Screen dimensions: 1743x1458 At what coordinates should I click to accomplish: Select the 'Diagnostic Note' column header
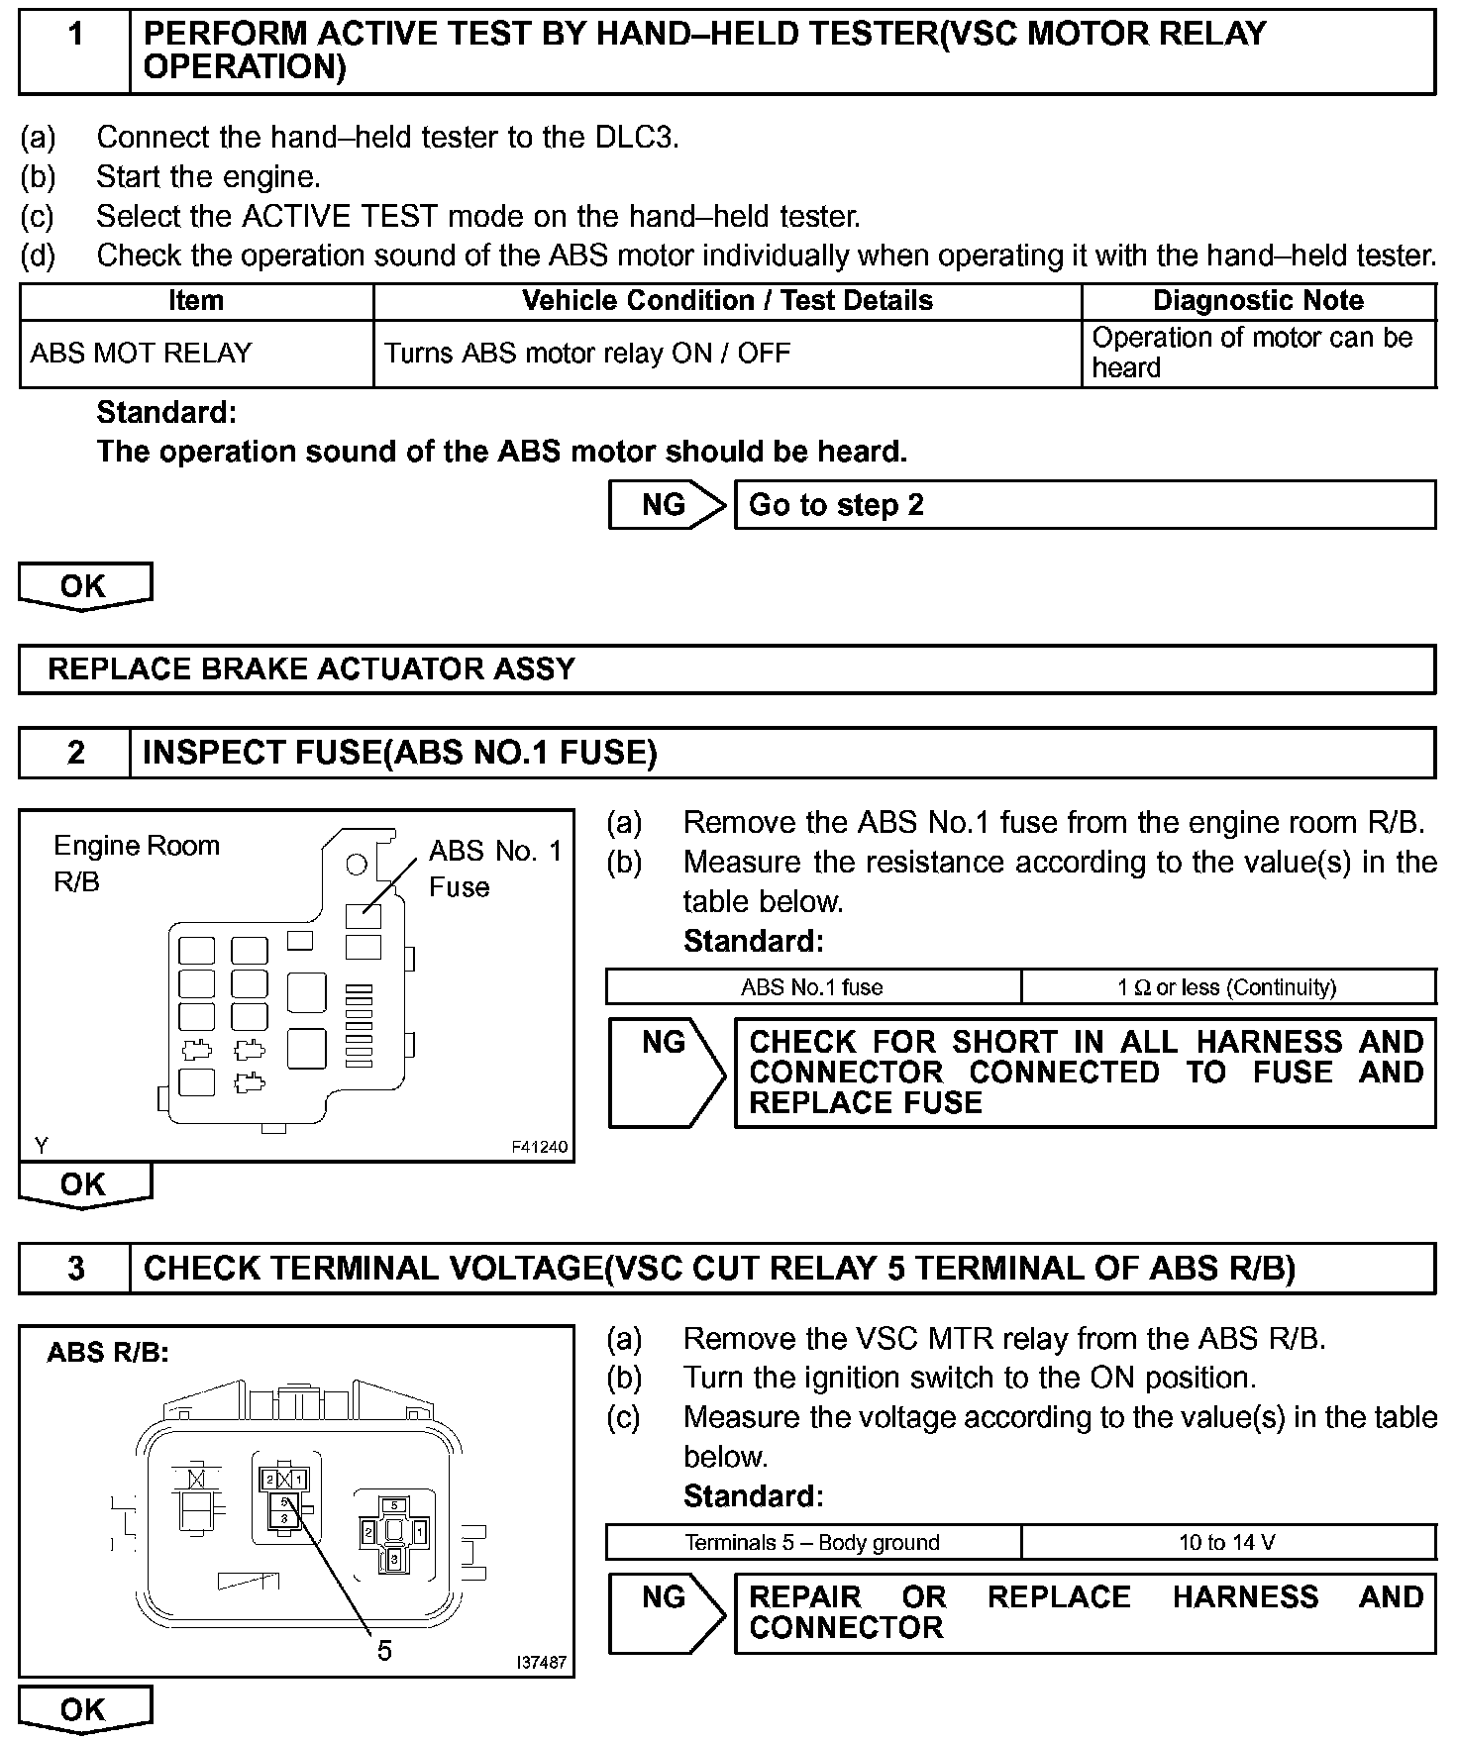(x=1258, y=301)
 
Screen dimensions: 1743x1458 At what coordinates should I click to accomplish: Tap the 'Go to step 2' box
(x=1085, y=505)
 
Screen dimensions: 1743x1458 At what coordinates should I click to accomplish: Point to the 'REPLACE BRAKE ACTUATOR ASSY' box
(x=727, y=669)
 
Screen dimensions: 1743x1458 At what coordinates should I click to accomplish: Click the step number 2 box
(x=75, y=754)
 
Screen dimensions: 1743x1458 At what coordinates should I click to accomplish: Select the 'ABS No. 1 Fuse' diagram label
(x=495, y=869)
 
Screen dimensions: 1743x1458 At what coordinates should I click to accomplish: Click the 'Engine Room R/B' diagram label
(x=136, y=864)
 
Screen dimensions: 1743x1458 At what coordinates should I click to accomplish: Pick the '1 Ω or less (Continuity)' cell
(x=1227, y=987)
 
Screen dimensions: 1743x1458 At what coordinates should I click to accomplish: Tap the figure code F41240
(x=540, y=1147)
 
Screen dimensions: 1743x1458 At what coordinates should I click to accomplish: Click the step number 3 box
(x=75, y=1269)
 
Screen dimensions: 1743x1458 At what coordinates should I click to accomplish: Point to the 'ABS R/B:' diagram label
(x=108, y=1353)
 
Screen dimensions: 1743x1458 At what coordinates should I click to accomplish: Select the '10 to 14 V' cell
(x=1227, y=1542)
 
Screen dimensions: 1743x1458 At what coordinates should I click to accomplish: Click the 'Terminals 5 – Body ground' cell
(x=812, y=1542)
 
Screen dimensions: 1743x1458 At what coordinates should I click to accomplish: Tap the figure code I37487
(x=541, y=1663)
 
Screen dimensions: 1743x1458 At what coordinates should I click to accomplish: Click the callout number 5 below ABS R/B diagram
(x=384, y=1651)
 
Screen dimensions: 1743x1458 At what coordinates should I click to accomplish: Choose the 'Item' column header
(x=196, y=301)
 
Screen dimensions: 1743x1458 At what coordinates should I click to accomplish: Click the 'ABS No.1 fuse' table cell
(x=812, y=987)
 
